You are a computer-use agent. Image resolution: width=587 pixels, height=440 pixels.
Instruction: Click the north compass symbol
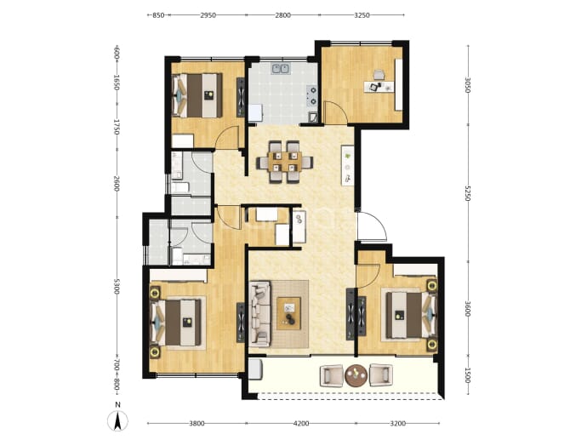[x=117, y=421]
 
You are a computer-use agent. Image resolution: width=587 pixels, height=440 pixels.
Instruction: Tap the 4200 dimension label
[x=301, y=424]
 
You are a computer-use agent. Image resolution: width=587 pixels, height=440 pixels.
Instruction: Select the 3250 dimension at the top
[x=362, y=15]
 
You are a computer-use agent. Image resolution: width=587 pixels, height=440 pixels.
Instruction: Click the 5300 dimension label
[x=117, y=286]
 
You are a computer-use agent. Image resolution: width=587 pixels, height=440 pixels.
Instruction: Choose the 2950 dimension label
[x=208, y=15]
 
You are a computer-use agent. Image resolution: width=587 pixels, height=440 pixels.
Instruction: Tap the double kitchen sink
[x=281, y=69]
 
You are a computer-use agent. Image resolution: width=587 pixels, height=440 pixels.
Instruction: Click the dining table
[x=285, y=162]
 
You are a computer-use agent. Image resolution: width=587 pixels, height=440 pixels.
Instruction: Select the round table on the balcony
[x=356, y=375]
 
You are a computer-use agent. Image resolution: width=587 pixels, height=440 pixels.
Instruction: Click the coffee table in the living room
[x=288, y=313]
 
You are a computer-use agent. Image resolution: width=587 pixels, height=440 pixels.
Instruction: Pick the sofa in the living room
[x=259, y=314]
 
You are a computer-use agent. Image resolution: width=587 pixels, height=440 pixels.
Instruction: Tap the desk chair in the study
[x=379, y=75]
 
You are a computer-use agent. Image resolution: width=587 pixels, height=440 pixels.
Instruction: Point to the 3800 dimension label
[x=197, y=424]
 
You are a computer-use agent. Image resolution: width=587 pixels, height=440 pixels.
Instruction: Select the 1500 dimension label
[x=467, y=374]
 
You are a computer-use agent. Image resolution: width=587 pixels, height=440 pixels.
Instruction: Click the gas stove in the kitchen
[x=312, y=95]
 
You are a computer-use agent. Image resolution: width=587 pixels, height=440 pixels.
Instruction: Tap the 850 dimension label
[x=158, y=15]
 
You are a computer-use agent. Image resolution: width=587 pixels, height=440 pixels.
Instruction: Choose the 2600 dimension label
[x=117, y=184]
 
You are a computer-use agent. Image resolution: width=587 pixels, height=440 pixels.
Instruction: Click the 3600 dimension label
[x=467, y=309]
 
